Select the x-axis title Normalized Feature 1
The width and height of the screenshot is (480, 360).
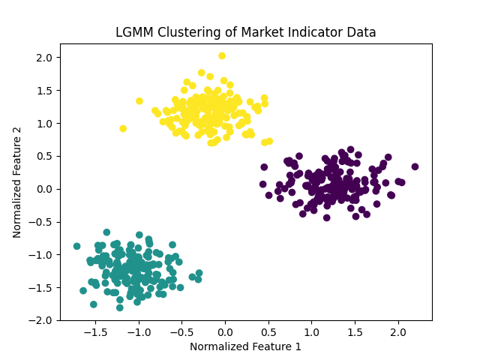tap(245, 346)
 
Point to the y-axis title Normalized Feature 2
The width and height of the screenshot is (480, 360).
tap(17, 182)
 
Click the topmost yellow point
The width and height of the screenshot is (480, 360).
tap(222, 55)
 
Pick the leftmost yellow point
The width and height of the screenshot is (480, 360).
tap(123, 128)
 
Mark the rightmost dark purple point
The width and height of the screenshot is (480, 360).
tap(415, 166)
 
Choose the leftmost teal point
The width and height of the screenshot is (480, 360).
tap(76, 246)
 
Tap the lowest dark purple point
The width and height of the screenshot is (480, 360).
tap(326, 217)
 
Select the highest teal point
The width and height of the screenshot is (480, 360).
tap(106, 232)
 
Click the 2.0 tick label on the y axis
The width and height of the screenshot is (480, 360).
tap(44, 57)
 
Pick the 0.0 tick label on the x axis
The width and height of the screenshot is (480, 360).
tap(224, 331)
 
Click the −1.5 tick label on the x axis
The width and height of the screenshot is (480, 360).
tap(94, 331)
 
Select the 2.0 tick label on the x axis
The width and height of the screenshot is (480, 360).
tap(397, 331)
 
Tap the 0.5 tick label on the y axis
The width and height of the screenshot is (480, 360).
tap(44, 156)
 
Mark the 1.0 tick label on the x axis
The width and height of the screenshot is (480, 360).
tap(311, 331)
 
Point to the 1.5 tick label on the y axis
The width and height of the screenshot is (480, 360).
tap(44, 90)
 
